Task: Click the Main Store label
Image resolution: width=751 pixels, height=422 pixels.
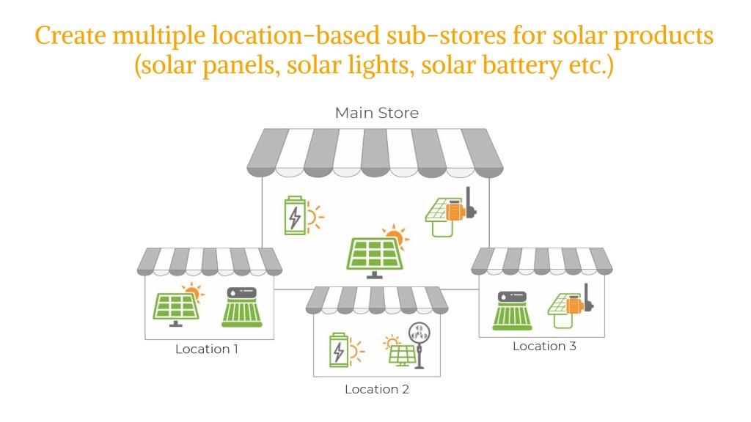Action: coord(377,113)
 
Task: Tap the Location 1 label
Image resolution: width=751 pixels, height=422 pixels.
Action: coord(206,349)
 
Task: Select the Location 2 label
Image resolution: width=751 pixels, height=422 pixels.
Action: coord(377,390)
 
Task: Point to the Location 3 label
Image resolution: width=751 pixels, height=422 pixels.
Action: coord(544,347)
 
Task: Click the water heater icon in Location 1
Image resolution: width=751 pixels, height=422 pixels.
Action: coord(242,307)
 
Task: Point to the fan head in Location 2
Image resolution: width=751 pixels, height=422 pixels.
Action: coord(419,332)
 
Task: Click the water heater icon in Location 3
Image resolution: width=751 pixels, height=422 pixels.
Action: coord(513,311)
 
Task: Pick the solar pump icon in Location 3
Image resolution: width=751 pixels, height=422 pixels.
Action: coord(571,306)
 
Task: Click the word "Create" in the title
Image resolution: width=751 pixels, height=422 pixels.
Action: coord(71,36)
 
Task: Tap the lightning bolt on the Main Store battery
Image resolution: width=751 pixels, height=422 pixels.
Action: coord(295,218)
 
